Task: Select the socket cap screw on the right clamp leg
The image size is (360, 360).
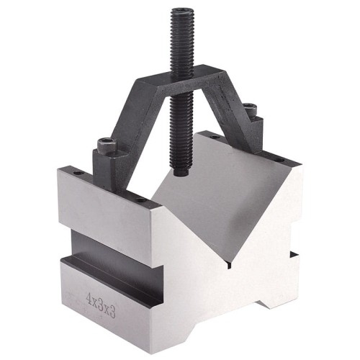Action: pyautogui.click(x=249, y=109)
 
